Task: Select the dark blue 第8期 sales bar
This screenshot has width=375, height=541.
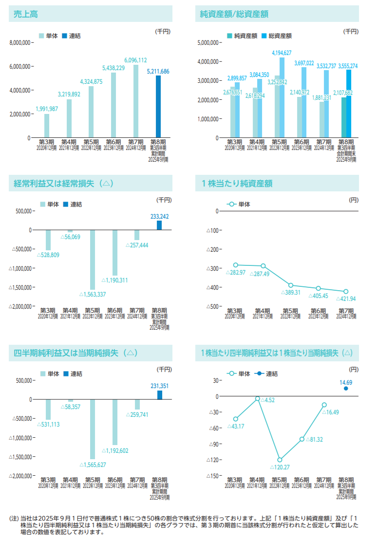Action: pyautogui.click(x=158, y=107)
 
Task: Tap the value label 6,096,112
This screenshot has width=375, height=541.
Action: pyautogui.click(x=135, y=60)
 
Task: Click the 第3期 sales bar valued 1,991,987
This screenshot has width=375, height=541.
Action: pyautogui.click(x=47, y=126)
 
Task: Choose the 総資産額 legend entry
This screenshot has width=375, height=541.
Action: pyautogui.click(x=276, y=36)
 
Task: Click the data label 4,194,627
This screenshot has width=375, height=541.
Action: pyautogui.click(x=281, y=53)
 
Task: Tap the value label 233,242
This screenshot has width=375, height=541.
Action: pyautogui.click(x=159, y=216)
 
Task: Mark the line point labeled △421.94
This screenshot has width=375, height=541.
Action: pyautogui.click(x=346, y=292)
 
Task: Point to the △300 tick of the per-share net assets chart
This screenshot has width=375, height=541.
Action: pyautogui.click(x=212, y=268)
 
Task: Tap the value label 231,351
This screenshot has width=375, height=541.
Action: pyautogui.click(x=159, y=386)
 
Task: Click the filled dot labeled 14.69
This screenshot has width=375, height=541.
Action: pyautogui.click(x=346, y=388)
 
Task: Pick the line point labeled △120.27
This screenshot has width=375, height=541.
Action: pyautogui.click(x=280, y=460)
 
